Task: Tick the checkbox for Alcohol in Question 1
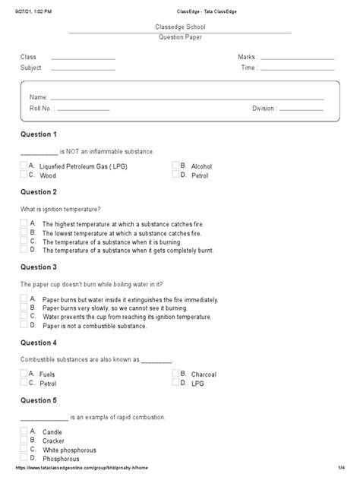[175, 165]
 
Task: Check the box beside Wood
[24, 175]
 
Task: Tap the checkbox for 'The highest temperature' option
[24, 223]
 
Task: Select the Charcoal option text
[203, 374]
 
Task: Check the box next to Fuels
[24, 374]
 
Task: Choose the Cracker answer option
[54, 441]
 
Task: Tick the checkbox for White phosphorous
[24, 449]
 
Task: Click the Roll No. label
[42, 109]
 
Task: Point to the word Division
[264, 109]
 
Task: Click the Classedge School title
[180, 27]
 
